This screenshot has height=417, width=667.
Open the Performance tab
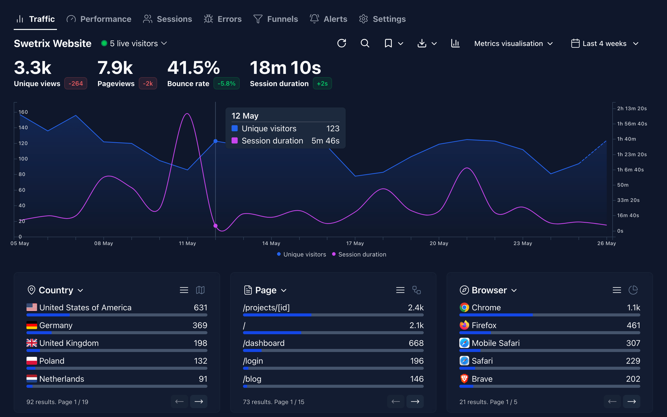(99, 19)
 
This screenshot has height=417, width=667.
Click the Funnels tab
(276, 19)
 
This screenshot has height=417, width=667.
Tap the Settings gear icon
(363, 19)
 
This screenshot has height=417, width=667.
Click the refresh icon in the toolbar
(342, 43)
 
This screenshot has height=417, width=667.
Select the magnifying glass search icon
(365, 43)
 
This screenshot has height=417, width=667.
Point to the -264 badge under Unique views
(75, 84)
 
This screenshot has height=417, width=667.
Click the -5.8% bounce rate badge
(226, 84)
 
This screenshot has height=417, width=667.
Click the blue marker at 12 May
(216, 141)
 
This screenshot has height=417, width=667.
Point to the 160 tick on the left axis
(23, 112)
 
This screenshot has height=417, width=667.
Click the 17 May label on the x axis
(355, 243)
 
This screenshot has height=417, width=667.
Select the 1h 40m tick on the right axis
(626, 139)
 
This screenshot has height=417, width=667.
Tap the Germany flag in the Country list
(32, 325)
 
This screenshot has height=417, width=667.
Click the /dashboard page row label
(264, 343)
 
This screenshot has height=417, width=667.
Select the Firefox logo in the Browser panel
(464, 325)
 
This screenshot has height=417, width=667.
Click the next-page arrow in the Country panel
(199, 402)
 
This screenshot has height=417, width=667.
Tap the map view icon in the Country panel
(200, 290)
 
